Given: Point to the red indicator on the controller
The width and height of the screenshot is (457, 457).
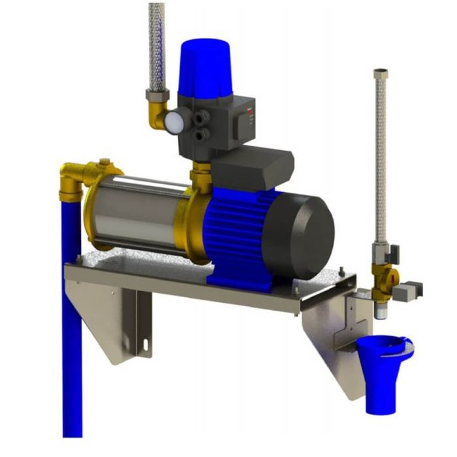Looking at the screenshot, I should pos(249,111).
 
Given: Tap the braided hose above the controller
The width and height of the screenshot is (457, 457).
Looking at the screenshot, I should pos(156,46).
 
